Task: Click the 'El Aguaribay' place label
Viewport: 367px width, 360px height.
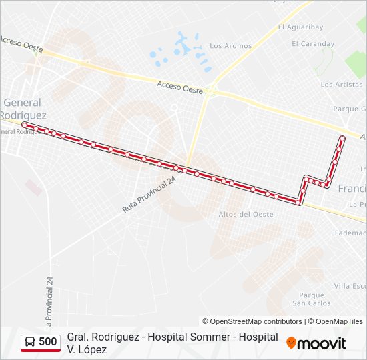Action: (300, 27)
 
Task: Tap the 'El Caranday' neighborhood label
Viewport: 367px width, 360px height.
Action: (313, 44)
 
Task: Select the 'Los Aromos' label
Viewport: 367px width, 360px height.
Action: (230, 46)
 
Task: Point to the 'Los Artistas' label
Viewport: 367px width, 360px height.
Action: (341, 85)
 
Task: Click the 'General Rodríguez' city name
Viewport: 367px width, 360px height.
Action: (22, 109)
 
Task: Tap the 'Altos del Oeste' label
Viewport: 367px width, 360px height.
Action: (246, 214)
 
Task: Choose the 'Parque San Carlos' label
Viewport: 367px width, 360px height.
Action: (312, 299)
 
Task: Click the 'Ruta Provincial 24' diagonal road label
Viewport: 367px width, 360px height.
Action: (149, 195)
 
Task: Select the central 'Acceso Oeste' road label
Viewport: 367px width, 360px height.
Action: (179, 85)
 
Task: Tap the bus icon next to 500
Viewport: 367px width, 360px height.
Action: (30, 343)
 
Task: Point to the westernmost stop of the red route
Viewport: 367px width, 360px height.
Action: (25, 125)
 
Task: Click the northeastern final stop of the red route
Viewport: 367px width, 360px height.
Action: (342, 138)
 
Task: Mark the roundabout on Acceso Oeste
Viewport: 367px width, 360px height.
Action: (211, 92)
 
